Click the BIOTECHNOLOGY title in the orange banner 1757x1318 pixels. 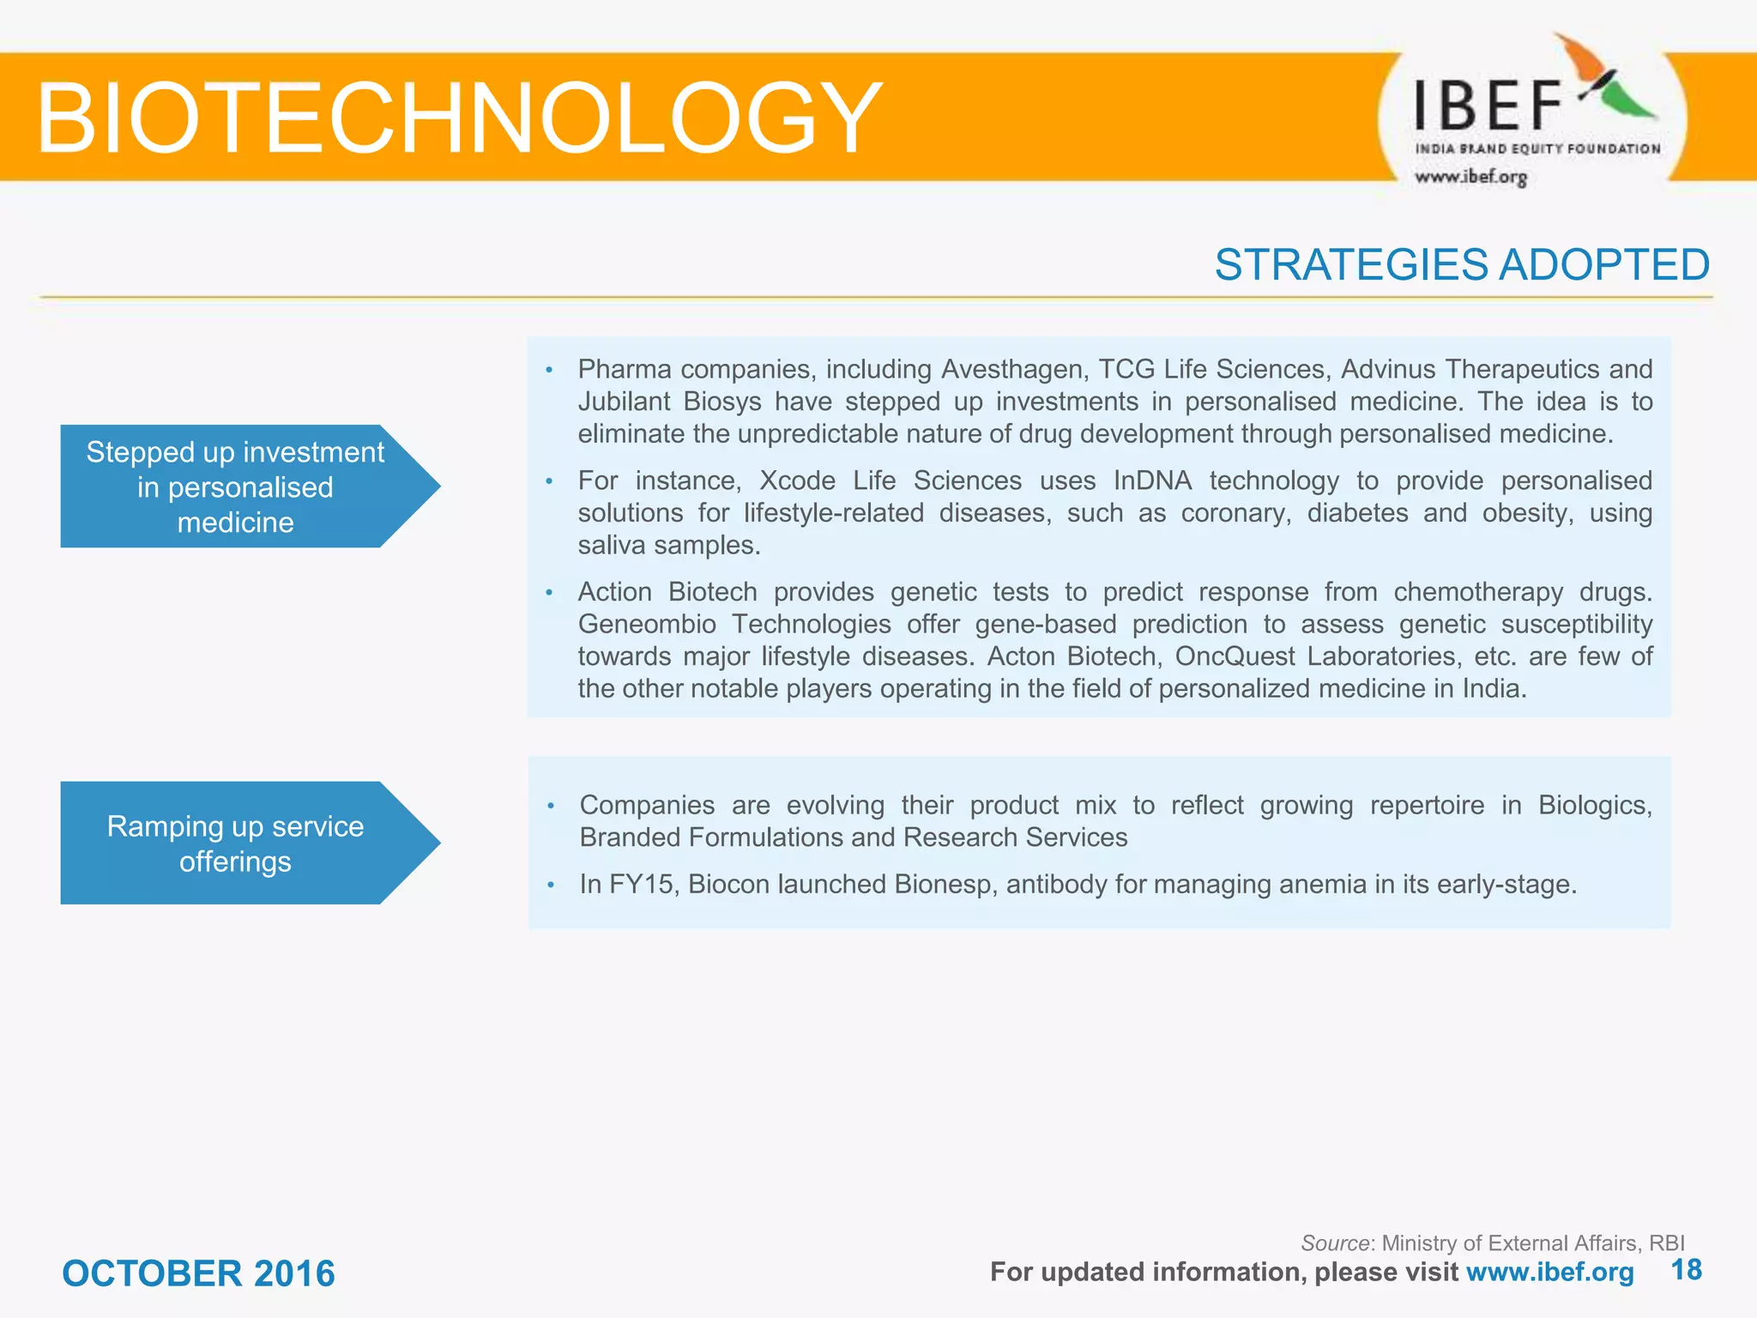(459, 118)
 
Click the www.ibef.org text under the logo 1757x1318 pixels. (1470, 178)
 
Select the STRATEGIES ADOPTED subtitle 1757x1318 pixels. (1461, 264)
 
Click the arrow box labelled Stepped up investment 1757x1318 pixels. (236, 487)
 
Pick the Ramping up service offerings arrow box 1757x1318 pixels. (236, 843)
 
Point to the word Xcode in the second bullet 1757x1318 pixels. (797, 481)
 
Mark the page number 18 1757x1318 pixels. (1686, 1270)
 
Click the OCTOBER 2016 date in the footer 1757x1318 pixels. (198, 1273)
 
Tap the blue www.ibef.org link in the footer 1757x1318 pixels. (1549, 1272)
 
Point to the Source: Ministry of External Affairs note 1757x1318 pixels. (1492, 1242)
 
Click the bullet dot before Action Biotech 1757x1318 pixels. (549, 592)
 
